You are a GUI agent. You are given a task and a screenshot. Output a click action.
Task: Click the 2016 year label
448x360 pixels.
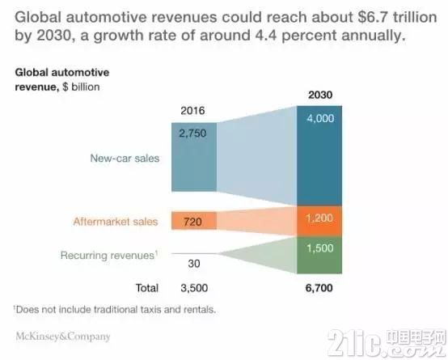point(192,111)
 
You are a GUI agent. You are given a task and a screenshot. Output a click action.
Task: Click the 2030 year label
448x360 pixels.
point(320,95)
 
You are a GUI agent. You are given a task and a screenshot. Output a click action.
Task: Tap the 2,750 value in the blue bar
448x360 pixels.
point(192,133)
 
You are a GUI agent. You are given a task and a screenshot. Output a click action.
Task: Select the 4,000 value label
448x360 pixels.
point(320,118)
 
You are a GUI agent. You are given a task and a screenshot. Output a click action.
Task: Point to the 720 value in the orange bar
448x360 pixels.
point(192,222)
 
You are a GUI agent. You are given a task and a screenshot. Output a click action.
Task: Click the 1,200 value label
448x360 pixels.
point(319,218)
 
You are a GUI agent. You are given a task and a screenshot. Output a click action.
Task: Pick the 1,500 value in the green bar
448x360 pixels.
point(320,248)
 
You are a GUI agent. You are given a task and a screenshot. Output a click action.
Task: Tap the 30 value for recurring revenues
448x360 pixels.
point(194,264)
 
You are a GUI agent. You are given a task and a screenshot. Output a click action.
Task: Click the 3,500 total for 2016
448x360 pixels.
point(194,288)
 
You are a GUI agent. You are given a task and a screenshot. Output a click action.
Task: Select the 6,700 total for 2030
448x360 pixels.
point(319,288)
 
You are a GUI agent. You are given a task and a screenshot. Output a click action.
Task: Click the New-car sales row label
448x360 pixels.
point(125,158)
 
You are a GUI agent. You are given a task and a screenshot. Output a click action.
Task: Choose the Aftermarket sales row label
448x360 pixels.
point(116,222)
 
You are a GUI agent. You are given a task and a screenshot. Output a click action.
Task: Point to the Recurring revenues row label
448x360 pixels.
point(109,255)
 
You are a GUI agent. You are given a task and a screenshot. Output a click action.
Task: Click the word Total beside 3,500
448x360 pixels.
point(147,288)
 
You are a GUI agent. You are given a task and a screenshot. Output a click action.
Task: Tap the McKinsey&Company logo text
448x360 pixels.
point(63,337)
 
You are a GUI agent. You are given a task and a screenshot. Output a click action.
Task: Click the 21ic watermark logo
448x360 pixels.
point(387,342)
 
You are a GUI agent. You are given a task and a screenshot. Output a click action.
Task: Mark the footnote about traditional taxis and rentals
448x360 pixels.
point(115,309)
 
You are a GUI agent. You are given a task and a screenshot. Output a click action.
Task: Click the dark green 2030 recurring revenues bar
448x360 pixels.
point(319,255)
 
